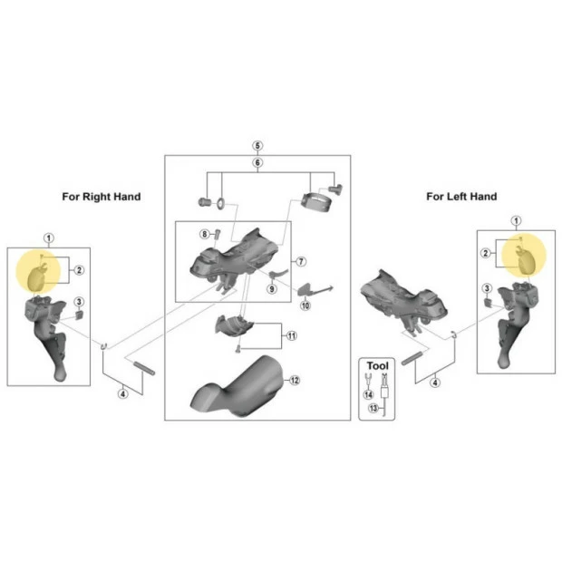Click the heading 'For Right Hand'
click(102, 197)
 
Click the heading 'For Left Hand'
click(461, 197)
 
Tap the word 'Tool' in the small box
click(377, 366)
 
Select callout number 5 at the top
click(257, 146)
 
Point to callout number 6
click(257, 163)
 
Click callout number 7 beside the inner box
click(301, 262)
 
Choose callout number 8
click(204, 235)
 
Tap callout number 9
click(272, 288)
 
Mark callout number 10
click(305, 305)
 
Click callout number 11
click(292, 335)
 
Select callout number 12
click(295, 381)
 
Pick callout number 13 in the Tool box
click(373, 408)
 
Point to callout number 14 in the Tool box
click(368, 394)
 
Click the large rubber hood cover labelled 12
click(237, 386)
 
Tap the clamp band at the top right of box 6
click(316, 202)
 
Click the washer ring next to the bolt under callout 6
click(220, 203)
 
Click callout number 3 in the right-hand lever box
click(79, 302)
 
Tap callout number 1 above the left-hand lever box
click(516, 221)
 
